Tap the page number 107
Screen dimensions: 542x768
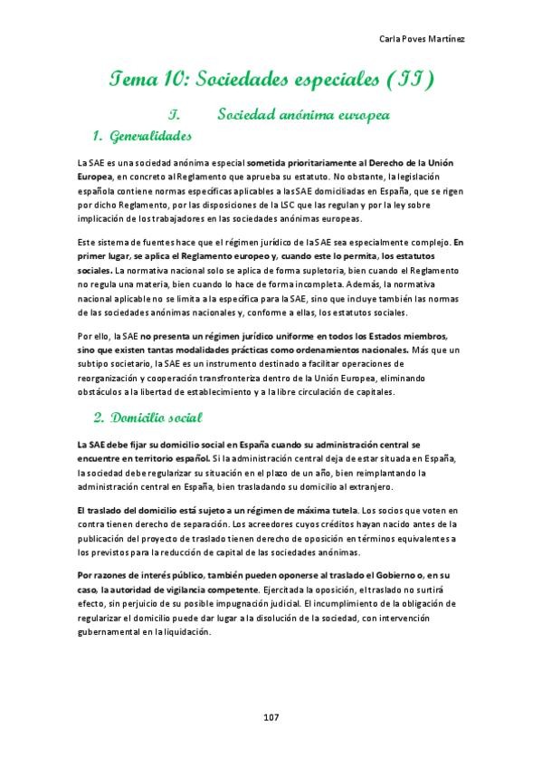271,717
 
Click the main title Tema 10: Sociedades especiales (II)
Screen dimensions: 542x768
271,81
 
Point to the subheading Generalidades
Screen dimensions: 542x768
149,137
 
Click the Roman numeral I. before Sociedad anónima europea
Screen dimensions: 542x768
176,116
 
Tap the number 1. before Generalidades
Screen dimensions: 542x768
99,137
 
